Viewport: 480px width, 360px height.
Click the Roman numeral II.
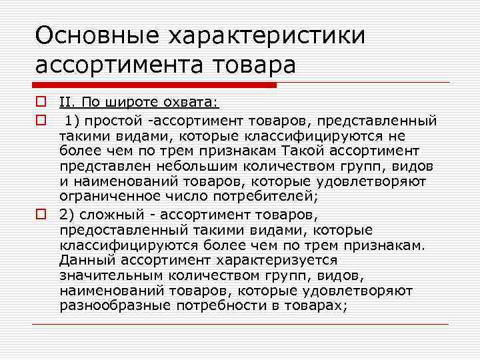[68, 103]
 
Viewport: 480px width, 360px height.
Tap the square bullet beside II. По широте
[41, 103]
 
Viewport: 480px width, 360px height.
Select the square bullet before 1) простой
[41, 120]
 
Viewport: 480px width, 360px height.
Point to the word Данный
[82, 260]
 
